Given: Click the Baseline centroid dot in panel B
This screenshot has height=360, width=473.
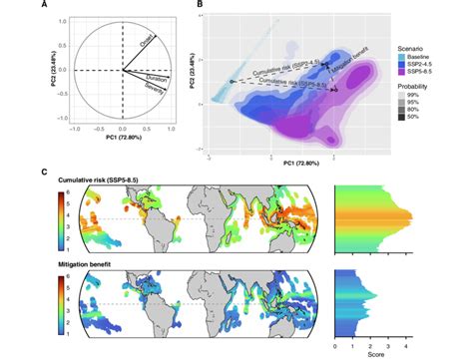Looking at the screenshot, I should click(232, 82).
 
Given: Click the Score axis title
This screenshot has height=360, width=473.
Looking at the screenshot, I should click(389, 351).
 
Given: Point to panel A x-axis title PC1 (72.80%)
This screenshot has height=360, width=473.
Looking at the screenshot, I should click(122, 147).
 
